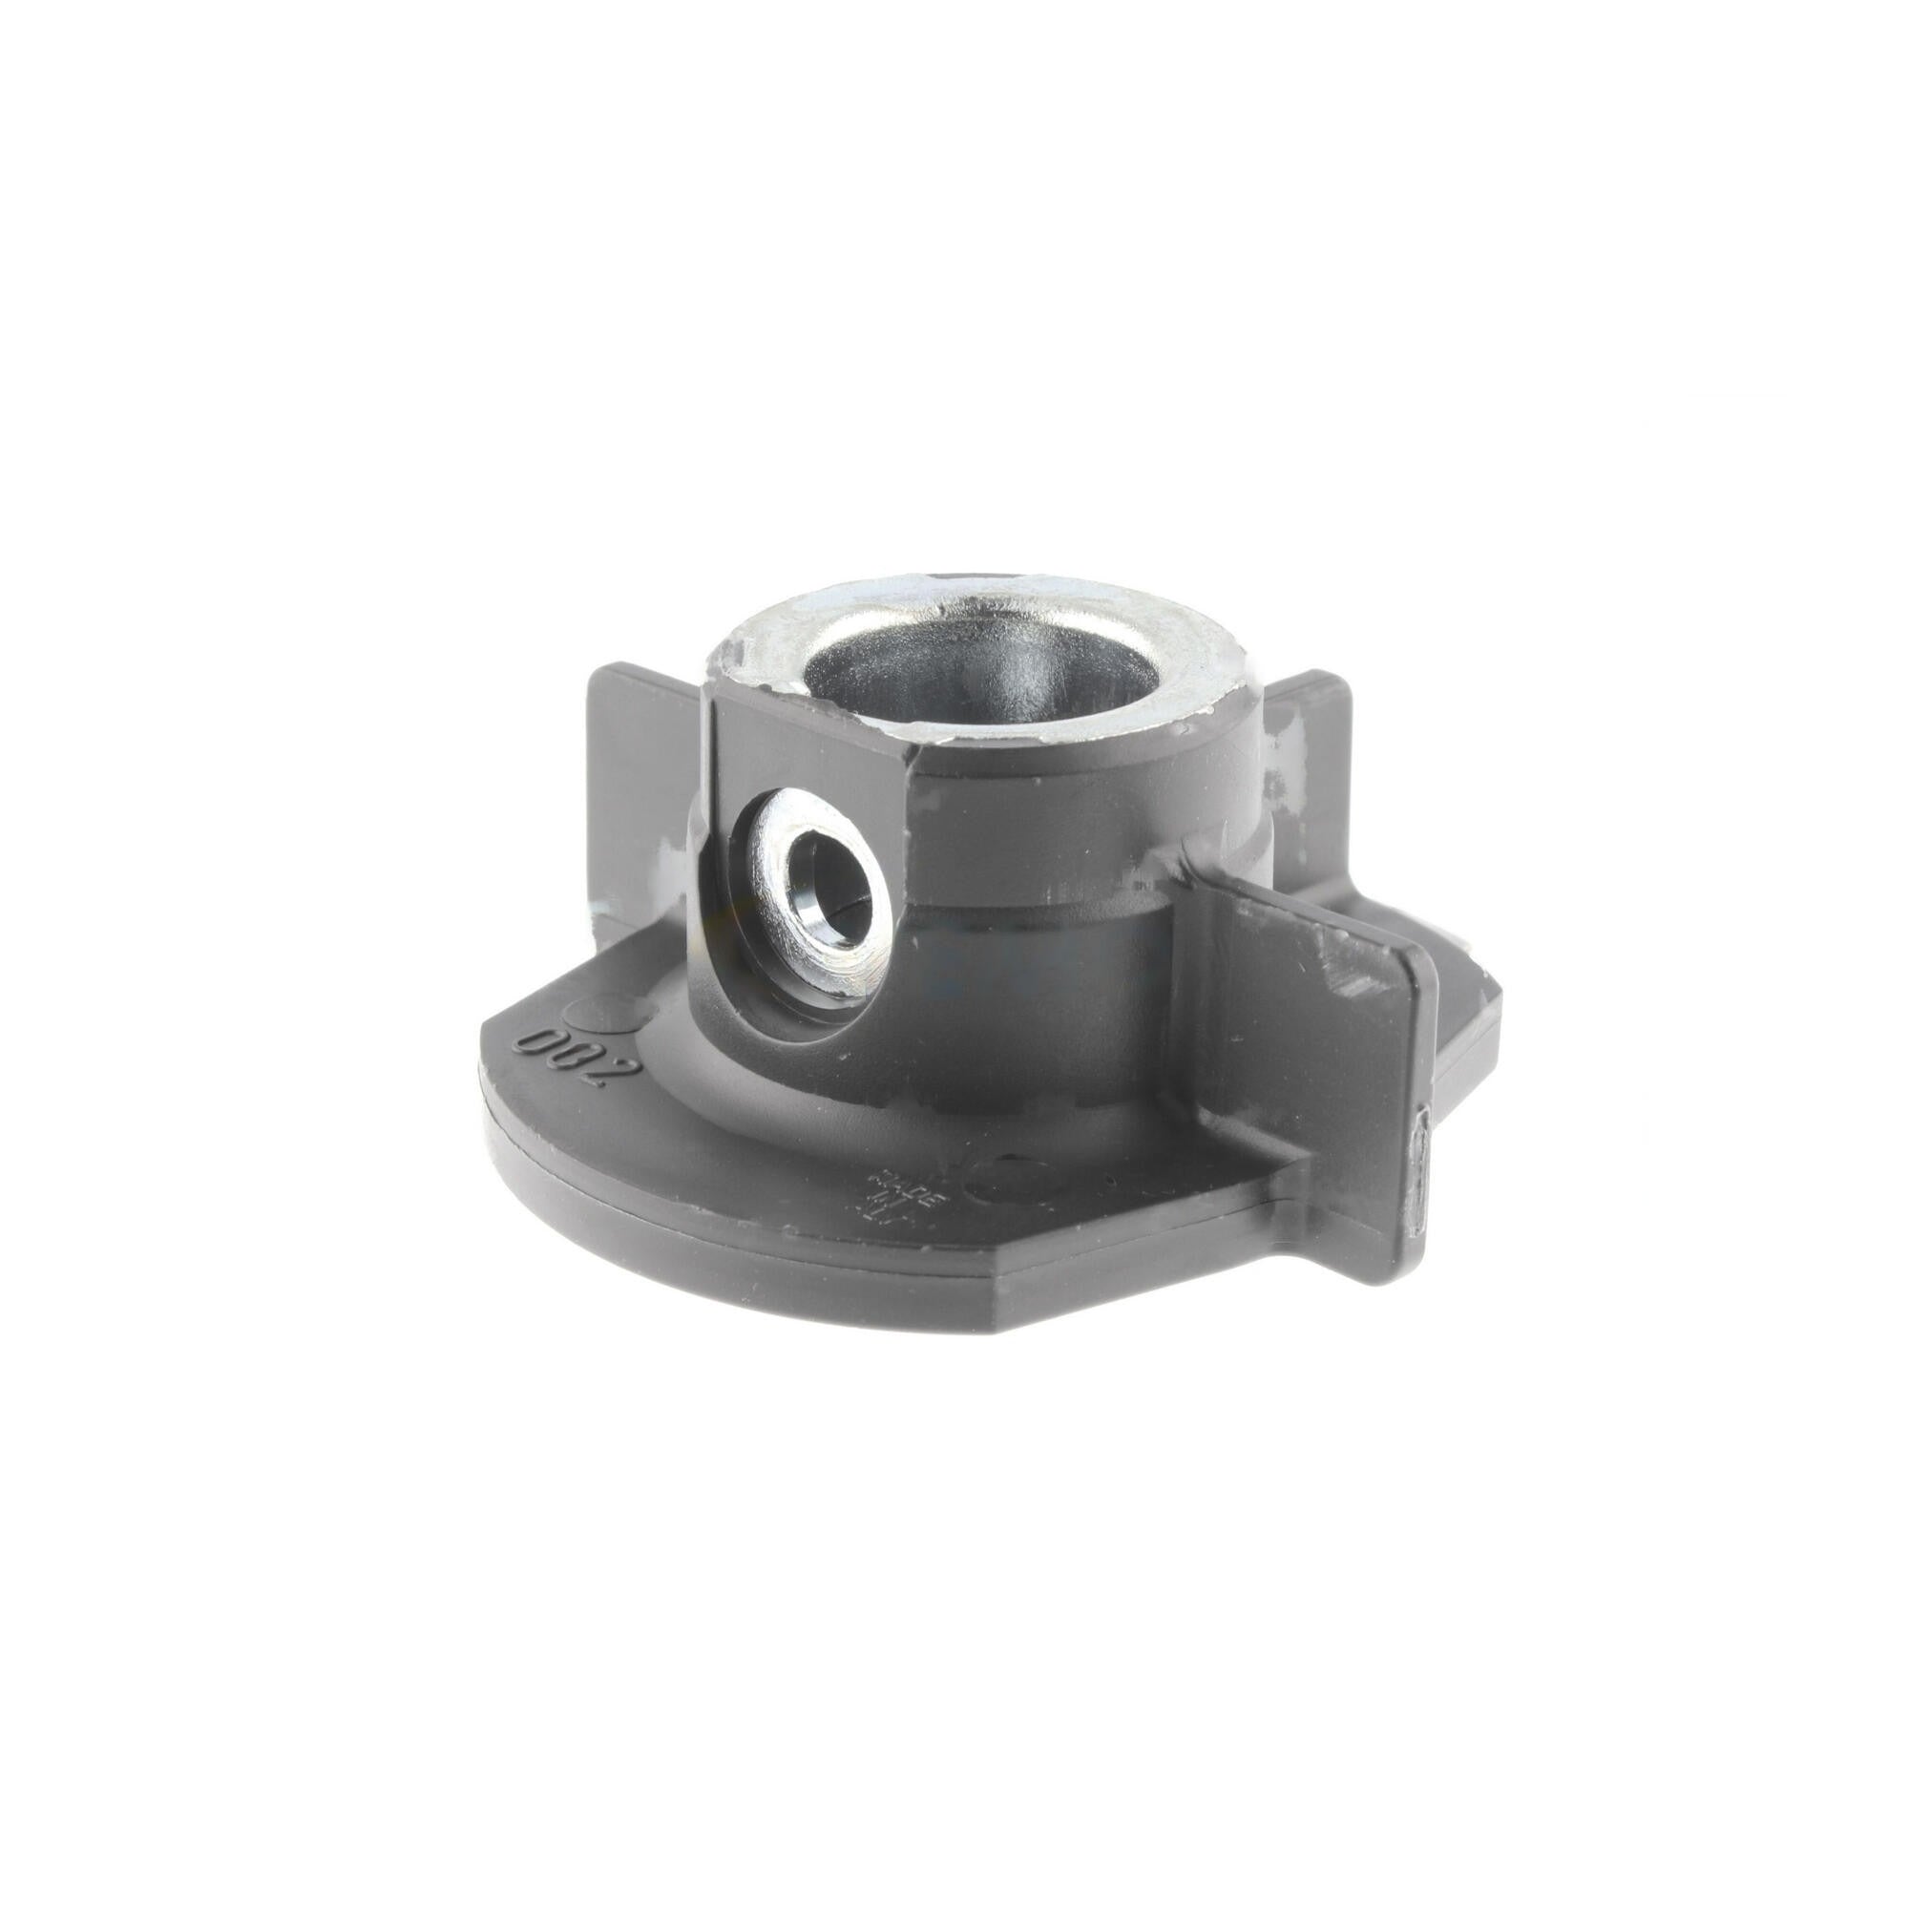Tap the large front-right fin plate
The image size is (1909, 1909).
point(1304,1028)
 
